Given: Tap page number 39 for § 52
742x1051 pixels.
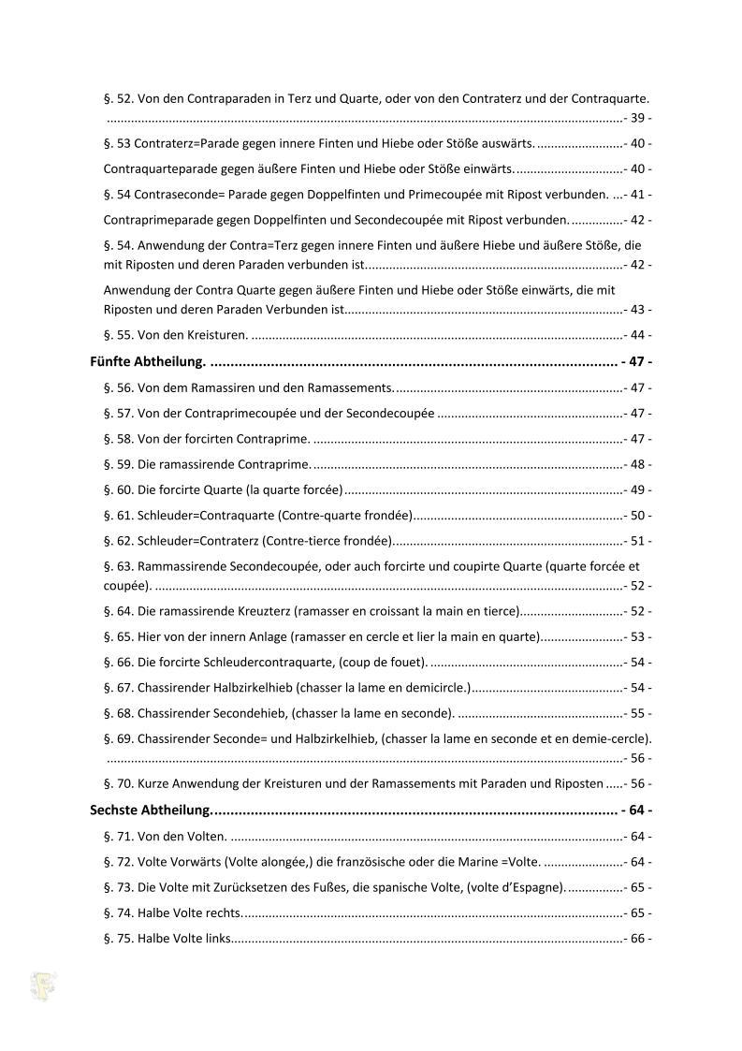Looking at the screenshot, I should pos(639,119).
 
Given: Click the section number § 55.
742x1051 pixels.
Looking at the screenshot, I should pos(119,335).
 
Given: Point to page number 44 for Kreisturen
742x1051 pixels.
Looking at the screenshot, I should pos(639,335).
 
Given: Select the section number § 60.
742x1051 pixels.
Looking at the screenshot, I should pos(119,489).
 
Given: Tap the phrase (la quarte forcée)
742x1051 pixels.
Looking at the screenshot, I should pos(294,489).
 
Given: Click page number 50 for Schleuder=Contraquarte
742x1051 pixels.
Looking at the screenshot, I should pos(639,515).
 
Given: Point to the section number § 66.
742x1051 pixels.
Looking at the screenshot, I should pos(119,663).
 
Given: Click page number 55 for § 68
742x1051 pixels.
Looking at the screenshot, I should pos(639,713).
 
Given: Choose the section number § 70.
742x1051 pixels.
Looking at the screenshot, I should pos(119,783).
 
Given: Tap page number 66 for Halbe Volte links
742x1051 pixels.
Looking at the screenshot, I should pos(639,938).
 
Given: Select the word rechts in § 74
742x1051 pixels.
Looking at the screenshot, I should pos(223,912).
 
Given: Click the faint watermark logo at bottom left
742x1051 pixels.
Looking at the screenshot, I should pos(43,985).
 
